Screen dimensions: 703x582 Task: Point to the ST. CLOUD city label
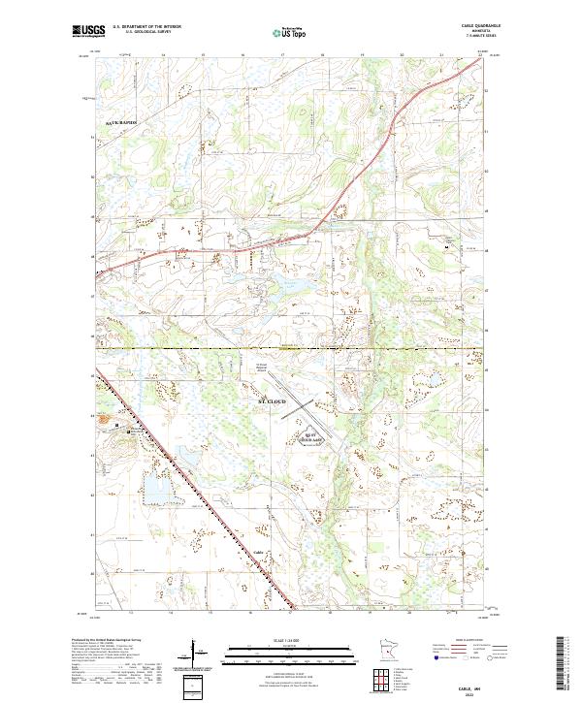275,399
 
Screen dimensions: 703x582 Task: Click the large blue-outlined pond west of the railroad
155,490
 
